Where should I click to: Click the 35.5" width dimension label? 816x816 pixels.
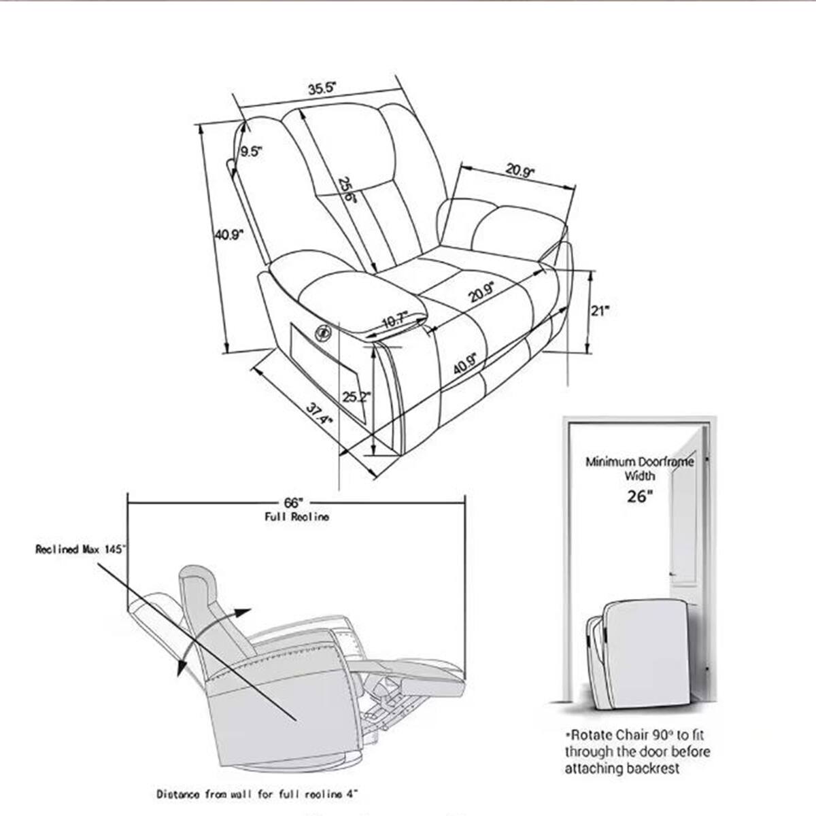(x=323, y=88)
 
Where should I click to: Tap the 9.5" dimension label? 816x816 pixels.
(x=250, y=152)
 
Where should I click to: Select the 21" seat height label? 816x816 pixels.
(x=599, y=311)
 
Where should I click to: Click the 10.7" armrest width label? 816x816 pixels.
(x=394, y=318)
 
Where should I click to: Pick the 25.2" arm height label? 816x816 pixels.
(x=356, y=397)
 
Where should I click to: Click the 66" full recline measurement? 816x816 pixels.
(x=293, y=503)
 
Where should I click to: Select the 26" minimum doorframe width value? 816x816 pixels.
(x=639, y=496)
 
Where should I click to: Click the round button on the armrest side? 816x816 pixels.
(x=322, y=332)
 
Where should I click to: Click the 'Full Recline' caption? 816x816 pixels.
(x=296, y=517)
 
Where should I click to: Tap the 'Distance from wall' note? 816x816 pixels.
(x=257, y=794)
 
